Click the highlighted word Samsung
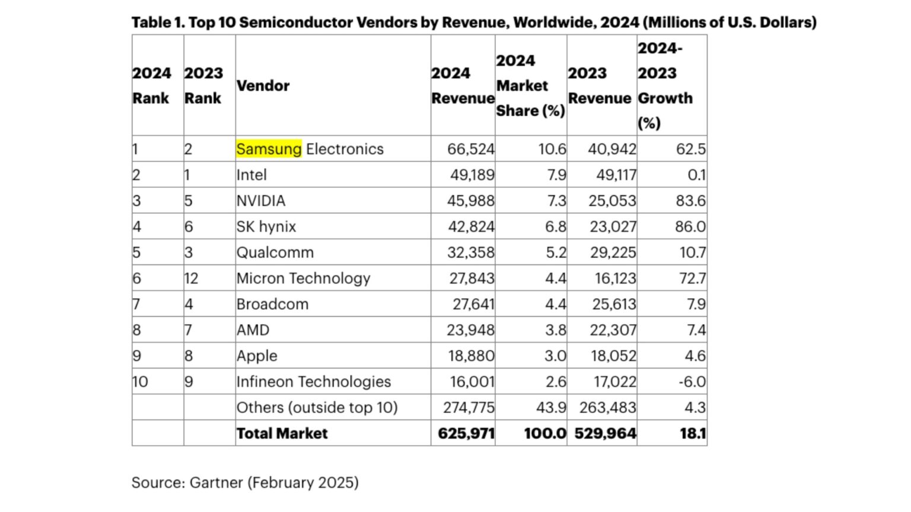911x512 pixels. [x=269, y=149]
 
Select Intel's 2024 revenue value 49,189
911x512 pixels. [x=471, y=175]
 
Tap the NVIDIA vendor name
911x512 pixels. [x=261, y=201]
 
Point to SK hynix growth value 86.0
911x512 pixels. [x=690, y=226]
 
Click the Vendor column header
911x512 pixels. [x=263, y=85]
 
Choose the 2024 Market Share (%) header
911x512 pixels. [x=530, y=85]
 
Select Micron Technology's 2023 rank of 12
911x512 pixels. [x=191, y=279]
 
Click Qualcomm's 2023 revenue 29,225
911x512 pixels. [x=613, y=252]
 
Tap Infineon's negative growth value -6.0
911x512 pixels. [x=692, y=382]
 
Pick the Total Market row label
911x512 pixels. [x=282, y=433]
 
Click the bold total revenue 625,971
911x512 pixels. [x=466, y=433]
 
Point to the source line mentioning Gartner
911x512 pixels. [x=245, y=482]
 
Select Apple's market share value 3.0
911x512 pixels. [x=556, y=356]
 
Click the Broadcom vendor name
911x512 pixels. [x=272, y=304]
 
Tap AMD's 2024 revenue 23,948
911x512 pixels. [x=470, y=330]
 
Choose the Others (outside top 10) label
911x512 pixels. [x=317, y=408]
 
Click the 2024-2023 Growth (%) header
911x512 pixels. [x=665, y=85]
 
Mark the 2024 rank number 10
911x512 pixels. [x=140, y=382]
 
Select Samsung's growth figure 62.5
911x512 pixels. [x=691, y=149]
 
